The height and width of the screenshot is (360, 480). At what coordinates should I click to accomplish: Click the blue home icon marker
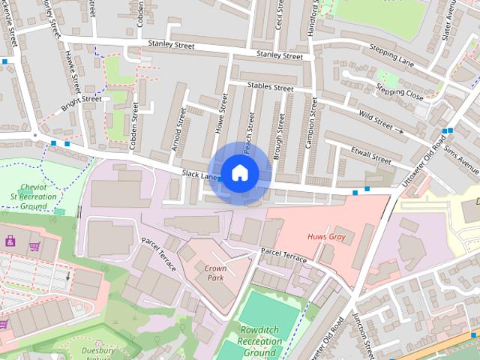[x=238, y=173]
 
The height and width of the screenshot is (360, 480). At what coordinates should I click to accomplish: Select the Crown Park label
[x=215, y=273]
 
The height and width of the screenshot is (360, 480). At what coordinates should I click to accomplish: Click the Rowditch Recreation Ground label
[x=262, y=341]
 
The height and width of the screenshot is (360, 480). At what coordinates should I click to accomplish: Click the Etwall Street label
[x=371, y=155]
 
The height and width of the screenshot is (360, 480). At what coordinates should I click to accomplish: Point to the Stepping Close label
[x=400, y=94]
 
